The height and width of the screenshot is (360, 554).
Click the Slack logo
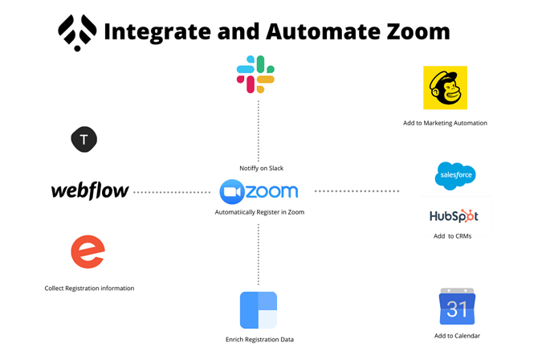tap(256, 74)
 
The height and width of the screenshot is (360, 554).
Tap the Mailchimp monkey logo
tap(445, 88)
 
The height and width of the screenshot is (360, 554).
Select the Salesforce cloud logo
tap(455, 176)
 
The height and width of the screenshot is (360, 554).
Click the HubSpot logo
tap(454, 216)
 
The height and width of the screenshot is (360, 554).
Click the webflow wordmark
tap(90, 191)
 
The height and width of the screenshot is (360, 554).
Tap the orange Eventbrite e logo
tap(88, 252)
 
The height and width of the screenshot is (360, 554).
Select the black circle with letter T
tap(84, 140)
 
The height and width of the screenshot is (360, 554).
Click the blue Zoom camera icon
tap(232, 192)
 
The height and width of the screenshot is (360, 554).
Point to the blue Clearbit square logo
tap(259, 310)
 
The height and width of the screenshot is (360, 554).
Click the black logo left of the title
tap(78, 32)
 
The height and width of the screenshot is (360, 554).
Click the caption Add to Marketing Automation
tap(445, 123)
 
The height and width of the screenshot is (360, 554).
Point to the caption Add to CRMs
tap(453, 236)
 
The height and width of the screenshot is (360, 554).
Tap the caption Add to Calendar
tap(457, 335)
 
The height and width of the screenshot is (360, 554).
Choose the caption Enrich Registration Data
tap(259, 339)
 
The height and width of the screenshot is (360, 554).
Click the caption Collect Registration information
tap(89, 288)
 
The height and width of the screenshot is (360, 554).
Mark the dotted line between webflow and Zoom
tap(172, 192)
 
